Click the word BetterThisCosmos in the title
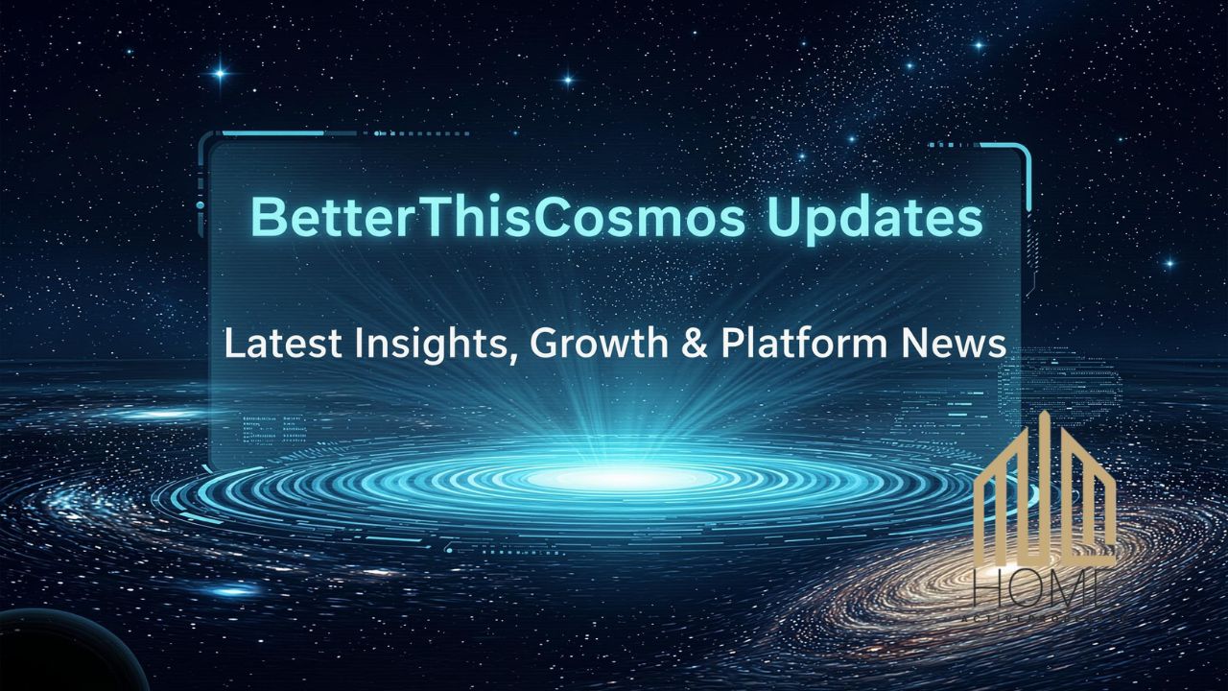[497, 217]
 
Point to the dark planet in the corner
[58, 657]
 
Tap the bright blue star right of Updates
[1169, 262]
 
